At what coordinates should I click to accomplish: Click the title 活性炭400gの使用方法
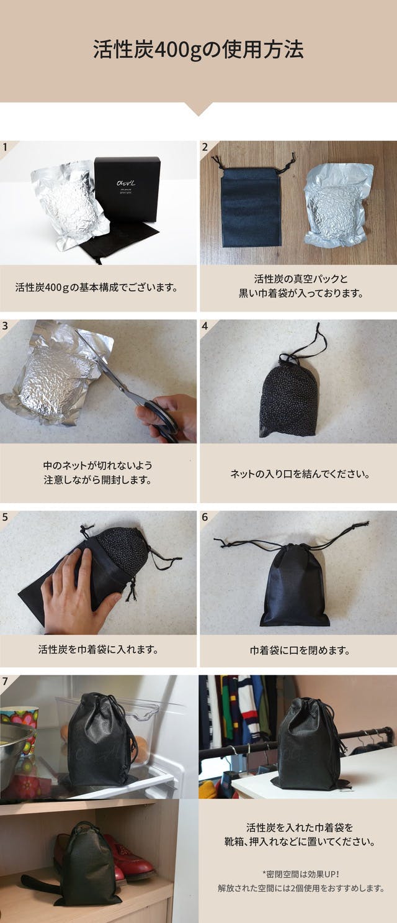(198, 50)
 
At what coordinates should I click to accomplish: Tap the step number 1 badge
(6, 147)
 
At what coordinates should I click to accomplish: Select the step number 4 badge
(205, 326)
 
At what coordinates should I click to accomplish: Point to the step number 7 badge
(5, 681)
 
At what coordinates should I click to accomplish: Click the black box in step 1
(127, 189)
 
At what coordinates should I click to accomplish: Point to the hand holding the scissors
(169, 417)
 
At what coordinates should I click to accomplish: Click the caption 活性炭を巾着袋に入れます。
(99, 650)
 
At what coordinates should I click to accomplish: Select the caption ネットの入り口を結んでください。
(300, 474)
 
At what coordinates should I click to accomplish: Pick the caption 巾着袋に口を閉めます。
(300, 650)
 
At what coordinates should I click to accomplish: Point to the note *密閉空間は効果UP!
(300, 874)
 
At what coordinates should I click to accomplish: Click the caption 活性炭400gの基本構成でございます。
(97, 287)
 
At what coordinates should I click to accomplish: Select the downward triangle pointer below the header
(198, 109)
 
